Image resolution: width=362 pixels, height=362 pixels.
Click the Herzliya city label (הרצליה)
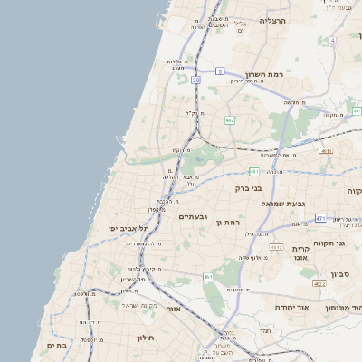point(272,20)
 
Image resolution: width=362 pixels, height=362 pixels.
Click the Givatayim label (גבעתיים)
point(194,216)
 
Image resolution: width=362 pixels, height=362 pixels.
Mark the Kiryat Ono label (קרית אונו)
point(301,252)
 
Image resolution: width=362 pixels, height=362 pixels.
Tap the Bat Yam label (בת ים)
point(56,345)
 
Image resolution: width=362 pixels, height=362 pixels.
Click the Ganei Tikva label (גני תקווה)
point(347,244)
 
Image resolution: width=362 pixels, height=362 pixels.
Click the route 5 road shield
point(220,71)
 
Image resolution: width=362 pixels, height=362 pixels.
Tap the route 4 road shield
point(333,41)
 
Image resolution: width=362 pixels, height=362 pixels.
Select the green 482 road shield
point(230,119)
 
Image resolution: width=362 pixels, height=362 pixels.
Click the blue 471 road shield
point(320,218)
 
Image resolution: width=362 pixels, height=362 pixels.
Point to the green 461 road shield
point(208,277)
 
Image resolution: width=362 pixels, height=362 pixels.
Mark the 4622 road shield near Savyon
point(319,284)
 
